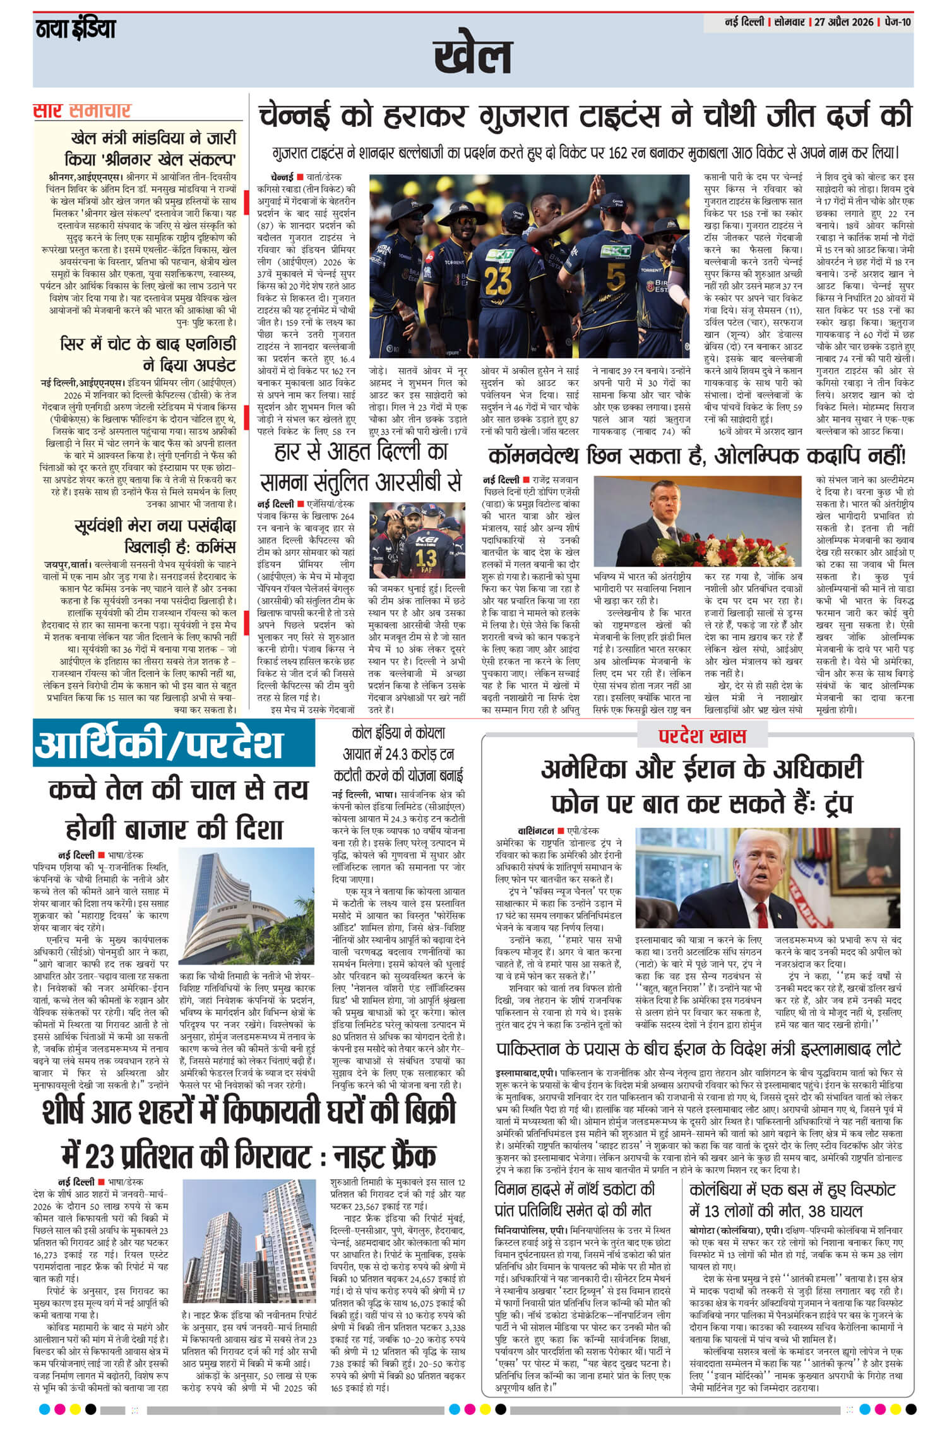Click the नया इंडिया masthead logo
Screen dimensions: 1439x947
(x=74, y=28)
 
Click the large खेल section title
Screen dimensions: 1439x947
(x=473, y=56)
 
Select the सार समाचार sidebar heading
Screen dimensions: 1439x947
(x=82, y=111)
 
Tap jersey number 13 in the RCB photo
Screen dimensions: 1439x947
(x=426, y=557)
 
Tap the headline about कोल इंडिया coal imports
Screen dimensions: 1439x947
(x=398, y=754)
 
